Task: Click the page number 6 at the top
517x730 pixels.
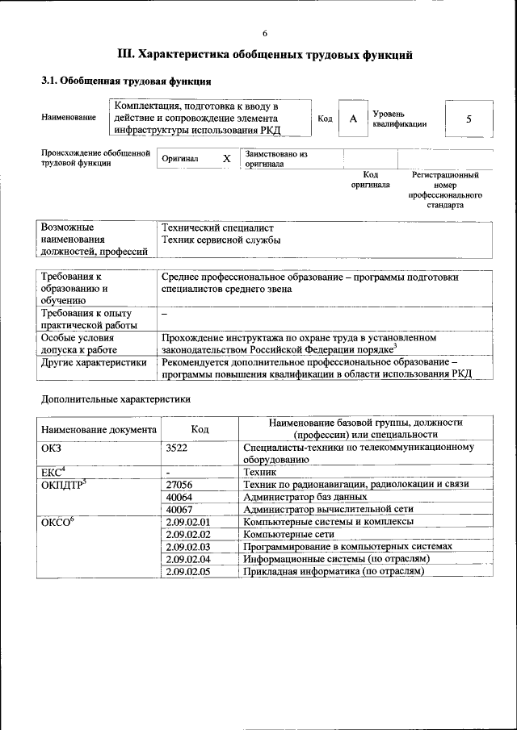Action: point(264,33)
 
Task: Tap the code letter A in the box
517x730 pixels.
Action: point(352,119)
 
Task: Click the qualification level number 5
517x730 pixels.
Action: point(469,119)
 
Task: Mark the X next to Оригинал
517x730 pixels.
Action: point(227,159)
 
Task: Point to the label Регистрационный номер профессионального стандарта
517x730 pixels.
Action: point(445,190)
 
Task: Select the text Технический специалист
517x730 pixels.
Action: point(217,228)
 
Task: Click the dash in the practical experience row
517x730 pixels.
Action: point(165,313)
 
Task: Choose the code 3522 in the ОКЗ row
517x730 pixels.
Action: point(176,447)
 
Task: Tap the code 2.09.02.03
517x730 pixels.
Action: point(187,546)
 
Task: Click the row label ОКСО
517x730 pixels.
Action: point(57,522)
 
